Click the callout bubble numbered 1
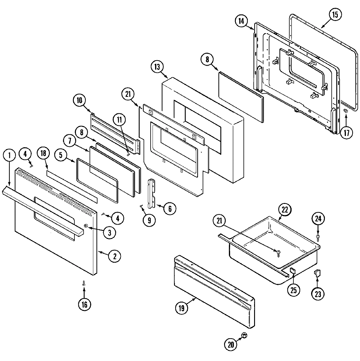(x=9, y=156)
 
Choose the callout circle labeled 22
(x=285, y=210)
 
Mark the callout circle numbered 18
(x=43, y=154)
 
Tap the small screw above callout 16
(x=84, y=283)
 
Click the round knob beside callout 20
(x=244, y=335)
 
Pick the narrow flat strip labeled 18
(x=72, y=186)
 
